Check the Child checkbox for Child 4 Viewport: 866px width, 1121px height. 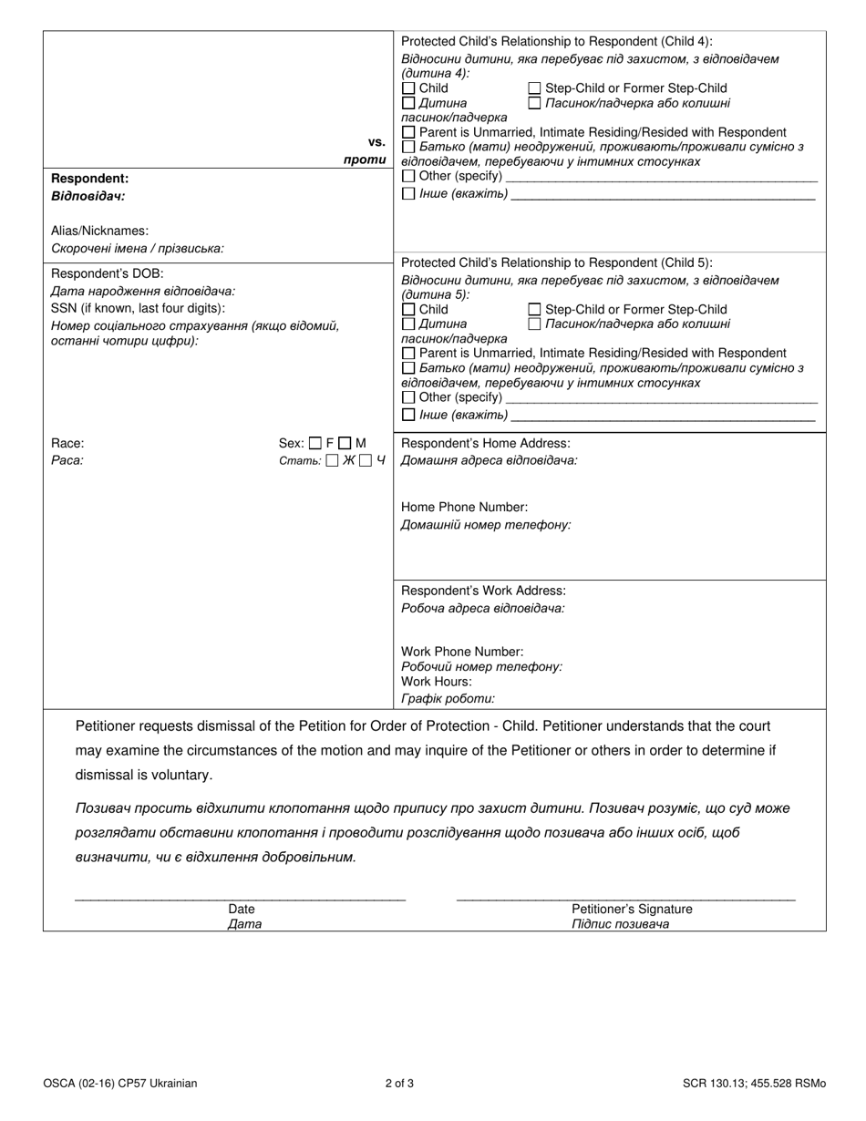pos(408,88)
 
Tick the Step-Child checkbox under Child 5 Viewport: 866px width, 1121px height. pos(535,310)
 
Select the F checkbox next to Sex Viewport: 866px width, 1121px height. pos(315,444)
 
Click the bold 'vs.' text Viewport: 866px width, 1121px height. pos(376,142)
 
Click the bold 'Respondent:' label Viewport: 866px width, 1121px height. pos(89,179)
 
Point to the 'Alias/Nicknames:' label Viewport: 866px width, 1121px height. pos(99,231)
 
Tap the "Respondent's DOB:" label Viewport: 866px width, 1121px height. pos(108,273)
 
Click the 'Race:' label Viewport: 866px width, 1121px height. pos(67,444)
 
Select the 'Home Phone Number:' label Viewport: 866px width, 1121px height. pos(464,507)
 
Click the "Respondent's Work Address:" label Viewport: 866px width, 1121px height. pos(483,591)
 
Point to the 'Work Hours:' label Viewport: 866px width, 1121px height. pos(437,681)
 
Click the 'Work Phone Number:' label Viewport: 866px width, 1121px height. pos(462,652)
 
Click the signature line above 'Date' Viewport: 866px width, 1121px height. pos(240,899)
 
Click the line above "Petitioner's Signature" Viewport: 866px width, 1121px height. pos(625,899)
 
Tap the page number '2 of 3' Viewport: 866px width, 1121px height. pos(399,1084)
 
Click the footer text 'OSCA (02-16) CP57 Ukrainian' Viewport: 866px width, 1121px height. pos(119,1084)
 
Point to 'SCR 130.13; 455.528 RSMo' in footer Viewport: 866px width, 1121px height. pos(754,1084)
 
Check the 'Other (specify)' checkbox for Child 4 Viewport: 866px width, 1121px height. pos(408,176)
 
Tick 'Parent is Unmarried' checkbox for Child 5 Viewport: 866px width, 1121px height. pos(408,354)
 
